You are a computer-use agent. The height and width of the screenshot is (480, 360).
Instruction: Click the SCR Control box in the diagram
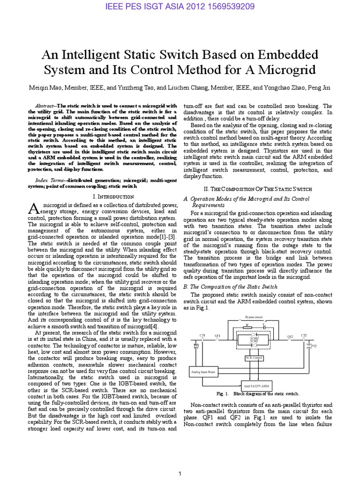[255, 357]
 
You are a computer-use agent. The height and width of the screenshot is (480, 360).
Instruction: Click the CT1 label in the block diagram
[202, 335]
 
